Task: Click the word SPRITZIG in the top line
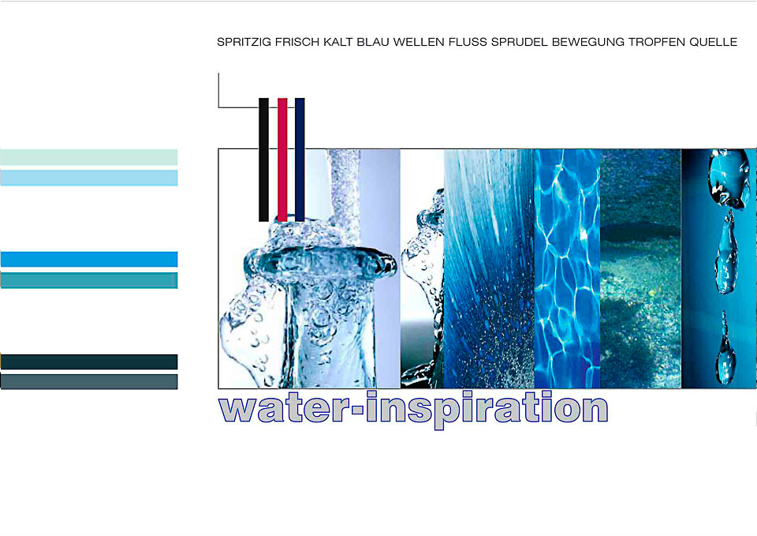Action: click(x=244, y=42)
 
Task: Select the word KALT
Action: click(x=338, y=42)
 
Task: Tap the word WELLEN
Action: click(x=419, y=42)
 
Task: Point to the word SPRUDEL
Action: click(x=519, y=42)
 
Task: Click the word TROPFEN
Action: click(x=657, y=42)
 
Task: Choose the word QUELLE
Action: click(x=713, y=42)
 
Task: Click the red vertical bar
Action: click(x=282, y=159)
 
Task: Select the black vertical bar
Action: click(x=263, y=159)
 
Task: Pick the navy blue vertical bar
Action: click(x=300, y=159)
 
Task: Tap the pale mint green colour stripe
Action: click(x=89, y=157)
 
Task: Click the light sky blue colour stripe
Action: click(x=89, y=178)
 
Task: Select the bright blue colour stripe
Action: click(x=89, y=259)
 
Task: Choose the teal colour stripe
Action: click(x=89, y=280)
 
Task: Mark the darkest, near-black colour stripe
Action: click(x=89, y=362)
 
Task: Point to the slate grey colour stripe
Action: click(x=89, y=382)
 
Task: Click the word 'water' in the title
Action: click(x=285, y=409)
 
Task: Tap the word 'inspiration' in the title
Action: click(x=487, y=410)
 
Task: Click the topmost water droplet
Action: click(x=729, y=178)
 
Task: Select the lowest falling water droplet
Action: click(x=725, y=348)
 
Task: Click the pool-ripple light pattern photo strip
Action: click(x=567, y=268)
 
